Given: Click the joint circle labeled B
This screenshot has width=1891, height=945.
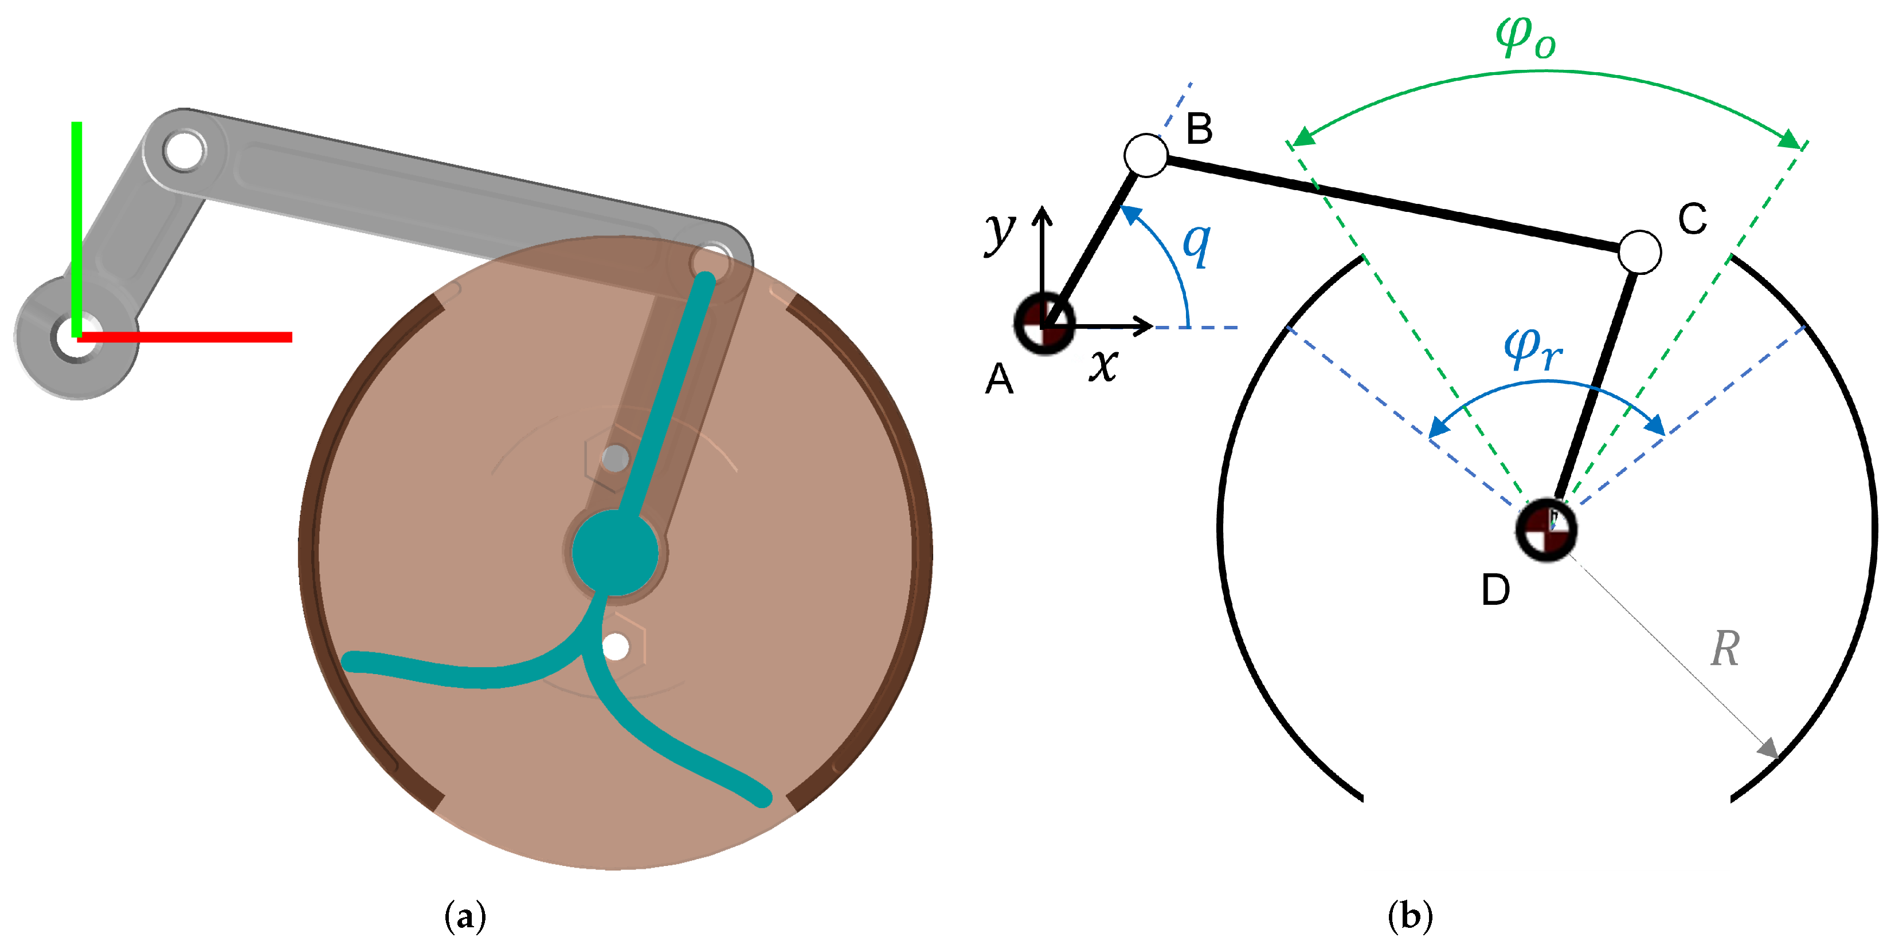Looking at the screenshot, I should pos(1145,155).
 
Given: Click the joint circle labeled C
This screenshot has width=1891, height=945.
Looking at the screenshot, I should pos(1639,251).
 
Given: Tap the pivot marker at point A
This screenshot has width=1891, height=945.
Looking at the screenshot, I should pos(1044,324).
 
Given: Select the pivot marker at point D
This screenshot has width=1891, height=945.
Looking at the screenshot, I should pos(1546,530).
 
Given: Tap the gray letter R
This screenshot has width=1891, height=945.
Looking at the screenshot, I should pos(1725,649).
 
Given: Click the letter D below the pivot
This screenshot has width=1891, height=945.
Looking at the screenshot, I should pos(1495,590).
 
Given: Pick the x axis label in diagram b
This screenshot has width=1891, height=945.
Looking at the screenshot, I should pos(1103,365).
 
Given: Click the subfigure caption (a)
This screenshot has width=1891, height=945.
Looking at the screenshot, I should pos(465,916).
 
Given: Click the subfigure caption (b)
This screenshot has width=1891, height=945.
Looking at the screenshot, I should pos(1410,916).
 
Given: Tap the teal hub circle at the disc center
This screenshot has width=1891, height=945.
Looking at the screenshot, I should pos(614,552).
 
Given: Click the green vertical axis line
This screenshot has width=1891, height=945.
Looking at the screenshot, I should pos(76,220).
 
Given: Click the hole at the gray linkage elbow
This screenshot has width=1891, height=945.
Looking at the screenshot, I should pos(183,151).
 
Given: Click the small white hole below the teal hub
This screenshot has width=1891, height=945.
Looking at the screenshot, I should pos(615,647).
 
